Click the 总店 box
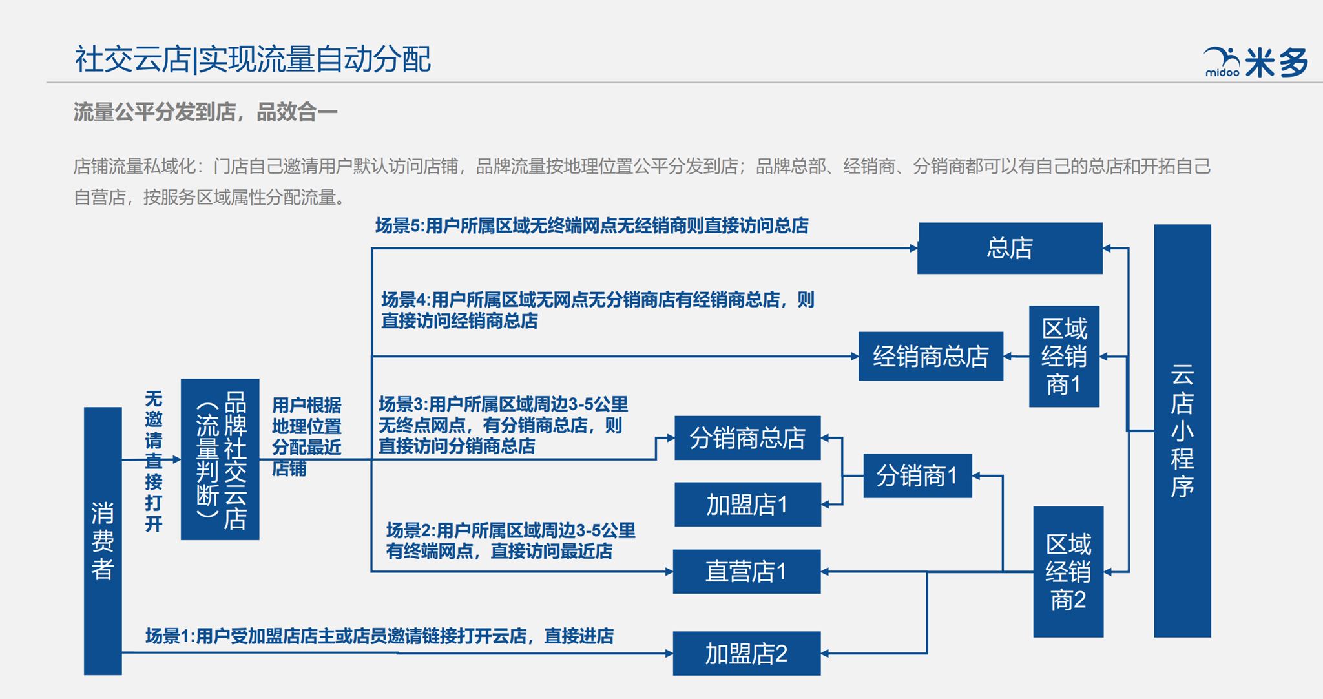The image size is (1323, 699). [1010, 248]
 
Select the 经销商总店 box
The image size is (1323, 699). [930, 356]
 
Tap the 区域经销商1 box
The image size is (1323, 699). [1064, 357]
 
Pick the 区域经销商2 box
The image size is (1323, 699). [1068, 572]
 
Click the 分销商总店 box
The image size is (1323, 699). [747, 438]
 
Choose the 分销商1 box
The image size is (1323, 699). [917, 475]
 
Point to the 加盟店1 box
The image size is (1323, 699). [747, 505]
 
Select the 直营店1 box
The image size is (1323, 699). [747, 572]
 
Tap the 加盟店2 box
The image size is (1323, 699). [747, 654]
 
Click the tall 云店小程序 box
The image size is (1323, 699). [1182, 431]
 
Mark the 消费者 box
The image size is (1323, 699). [103, 541]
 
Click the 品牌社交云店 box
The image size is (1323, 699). [220, 459]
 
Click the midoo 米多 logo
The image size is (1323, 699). [1256, 63]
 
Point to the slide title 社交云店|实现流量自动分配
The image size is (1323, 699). [253, 59]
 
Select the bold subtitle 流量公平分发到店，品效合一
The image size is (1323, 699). [205, 112]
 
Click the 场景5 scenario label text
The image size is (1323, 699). [592, 225]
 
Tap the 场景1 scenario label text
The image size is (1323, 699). [380, 636]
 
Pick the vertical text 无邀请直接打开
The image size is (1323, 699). [154, 461]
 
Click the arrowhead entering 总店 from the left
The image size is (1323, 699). [913, 248]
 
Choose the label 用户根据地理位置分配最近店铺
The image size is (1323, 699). [307, 437]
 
